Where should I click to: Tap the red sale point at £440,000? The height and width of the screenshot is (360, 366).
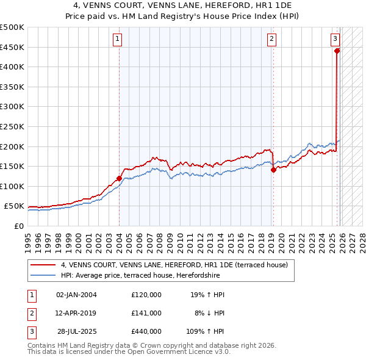337,51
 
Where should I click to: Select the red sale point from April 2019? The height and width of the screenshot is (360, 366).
273,170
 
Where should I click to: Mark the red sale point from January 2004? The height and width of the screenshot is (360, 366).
119,178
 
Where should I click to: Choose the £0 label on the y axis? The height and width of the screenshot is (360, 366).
18,226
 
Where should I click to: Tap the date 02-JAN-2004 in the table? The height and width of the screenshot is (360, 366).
76,295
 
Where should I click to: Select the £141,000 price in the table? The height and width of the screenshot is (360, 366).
146,313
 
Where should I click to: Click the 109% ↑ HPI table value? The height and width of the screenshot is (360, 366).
206,332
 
